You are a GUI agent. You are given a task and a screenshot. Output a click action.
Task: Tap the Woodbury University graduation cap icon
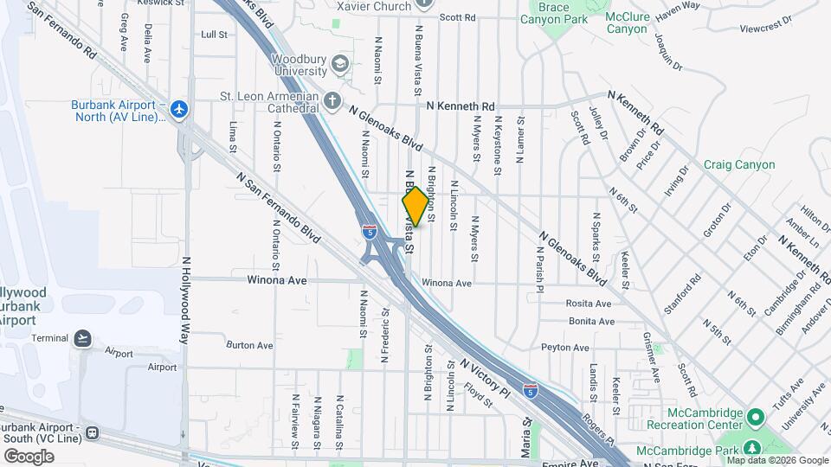click(341, 64)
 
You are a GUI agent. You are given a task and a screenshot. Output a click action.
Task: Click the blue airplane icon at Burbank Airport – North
click(179, 109)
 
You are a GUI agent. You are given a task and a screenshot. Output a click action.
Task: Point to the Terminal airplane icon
click(83, 337)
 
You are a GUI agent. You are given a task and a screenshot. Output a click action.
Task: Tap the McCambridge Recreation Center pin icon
click(756, 419)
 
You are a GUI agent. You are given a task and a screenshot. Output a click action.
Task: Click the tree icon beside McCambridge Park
click(751, 449)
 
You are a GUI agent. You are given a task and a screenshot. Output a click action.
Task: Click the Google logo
click(28, 456)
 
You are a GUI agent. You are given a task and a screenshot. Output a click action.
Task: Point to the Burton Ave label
click(249, 345)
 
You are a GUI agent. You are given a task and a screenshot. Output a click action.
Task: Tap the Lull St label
click(214, 35)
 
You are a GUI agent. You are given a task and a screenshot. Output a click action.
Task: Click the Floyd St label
click(478, 395)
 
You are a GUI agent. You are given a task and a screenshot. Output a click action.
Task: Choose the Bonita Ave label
click(591, 321)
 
